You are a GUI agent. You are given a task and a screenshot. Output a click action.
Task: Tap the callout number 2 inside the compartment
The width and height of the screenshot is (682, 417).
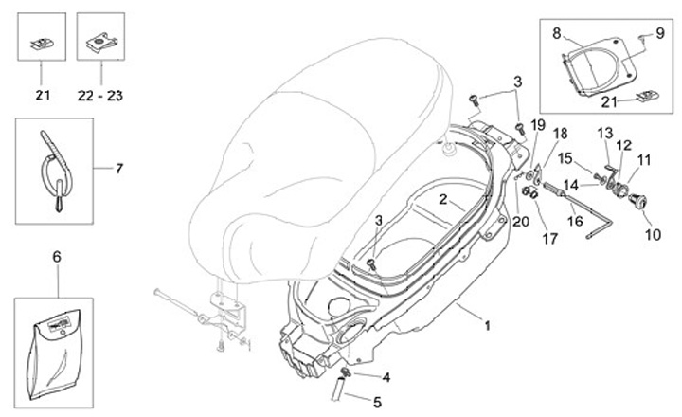coord(442,200)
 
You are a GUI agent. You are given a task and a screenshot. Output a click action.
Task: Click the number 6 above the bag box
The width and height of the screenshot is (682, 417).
coord(56,257)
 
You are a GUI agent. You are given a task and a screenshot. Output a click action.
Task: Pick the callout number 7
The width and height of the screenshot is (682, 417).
coord(119,169)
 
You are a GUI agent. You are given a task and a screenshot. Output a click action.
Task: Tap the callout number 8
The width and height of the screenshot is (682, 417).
coord(557,31)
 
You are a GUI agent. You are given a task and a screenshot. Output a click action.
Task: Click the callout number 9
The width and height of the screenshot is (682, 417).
coord(659,31)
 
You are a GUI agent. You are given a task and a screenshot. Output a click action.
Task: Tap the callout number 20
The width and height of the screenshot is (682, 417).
coord(519,222)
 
